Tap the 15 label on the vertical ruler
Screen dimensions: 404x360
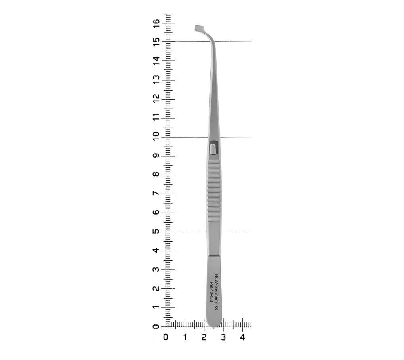click(x=156, y=42)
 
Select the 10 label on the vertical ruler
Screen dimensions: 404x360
click(x=156, y=136)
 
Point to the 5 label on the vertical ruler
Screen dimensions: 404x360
click(x=156, y=231)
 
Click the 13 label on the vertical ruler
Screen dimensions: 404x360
click(x=156, y=79)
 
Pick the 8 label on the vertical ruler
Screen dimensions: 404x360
click(x=156, y=174)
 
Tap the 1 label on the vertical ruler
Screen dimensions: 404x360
click(x=156, y=307)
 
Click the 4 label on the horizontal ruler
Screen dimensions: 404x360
click(x=242, y=337)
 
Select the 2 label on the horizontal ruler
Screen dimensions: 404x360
click(x=204, y=337)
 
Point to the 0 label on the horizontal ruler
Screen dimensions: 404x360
click(x=166, y=337)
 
